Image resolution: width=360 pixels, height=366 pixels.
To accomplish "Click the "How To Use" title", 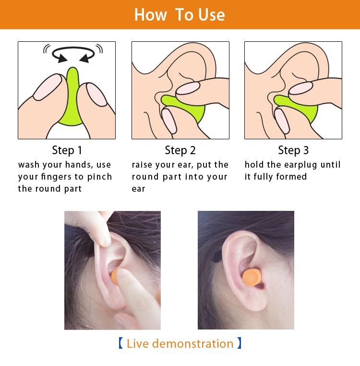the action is coord(180,15).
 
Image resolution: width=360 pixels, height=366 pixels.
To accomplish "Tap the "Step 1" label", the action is coord(67,150).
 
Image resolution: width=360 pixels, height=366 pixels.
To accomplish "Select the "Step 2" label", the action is coord(180,150).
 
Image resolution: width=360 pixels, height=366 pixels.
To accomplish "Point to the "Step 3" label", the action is coord(293,150).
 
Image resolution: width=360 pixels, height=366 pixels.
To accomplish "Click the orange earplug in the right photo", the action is coord(252,278).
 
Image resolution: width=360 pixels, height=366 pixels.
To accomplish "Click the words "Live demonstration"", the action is coord(180,343).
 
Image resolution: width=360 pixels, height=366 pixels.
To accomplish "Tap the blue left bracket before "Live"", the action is coord(120,343).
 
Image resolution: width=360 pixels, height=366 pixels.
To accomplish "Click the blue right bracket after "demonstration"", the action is coord(239,343).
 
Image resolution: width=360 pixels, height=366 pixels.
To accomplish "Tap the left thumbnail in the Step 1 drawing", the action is coord(48,87).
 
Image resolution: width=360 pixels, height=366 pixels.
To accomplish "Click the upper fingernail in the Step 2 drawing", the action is coord(188,88).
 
